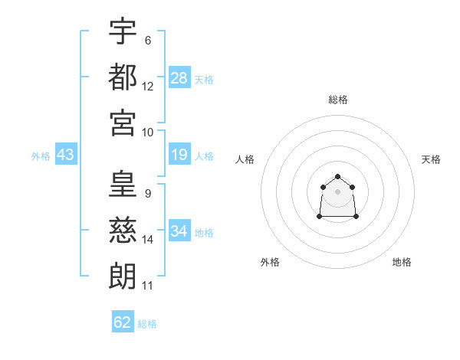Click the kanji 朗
click(123, 275)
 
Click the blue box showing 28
click(179, 77)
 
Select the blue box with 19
click(179, 155)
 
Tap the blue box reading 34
click(179, 231)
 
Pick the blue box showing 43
click(65, 155)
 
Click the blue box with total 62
click(123, 322)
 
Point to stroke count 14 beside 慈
click(148, 240)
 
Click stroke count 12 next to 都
click(148, 87)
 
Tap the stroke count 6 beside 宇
click(147, 40)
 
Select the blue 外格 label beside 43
click(41, 156)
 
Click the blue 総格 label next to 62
click(147, 323)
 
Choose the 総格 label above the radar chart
click(337, 100)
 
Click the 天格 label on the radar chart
click(431, 159)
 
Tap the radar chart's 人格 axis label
click(245, 159)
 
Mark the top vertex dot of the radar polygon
click(337, 177)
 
